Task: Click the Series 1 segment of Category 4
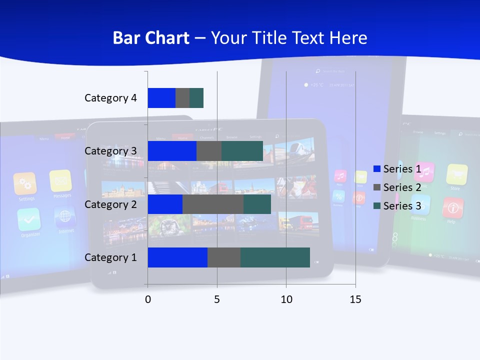161,98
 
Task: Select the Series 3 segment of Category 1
275,257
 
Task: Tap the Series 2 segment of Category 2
213,204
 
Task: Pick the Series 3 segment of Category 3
242,151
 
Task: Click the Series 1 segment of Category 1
177,257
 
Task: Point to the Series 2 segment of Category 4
182,98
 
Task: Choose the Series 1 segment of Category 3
172,151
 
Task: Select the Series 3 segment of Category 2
257,204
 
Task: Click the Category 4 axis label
110,98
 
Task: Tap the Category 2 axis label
110,204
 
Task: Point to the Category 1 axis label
110,257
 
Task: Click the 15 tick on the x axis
355,299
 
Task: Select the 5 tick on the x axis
217,299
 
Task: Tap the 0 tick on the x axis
147,299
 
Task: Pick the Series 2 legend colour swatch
377,187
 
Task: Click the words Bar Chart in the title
150,38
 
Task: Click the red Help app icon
452,207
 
